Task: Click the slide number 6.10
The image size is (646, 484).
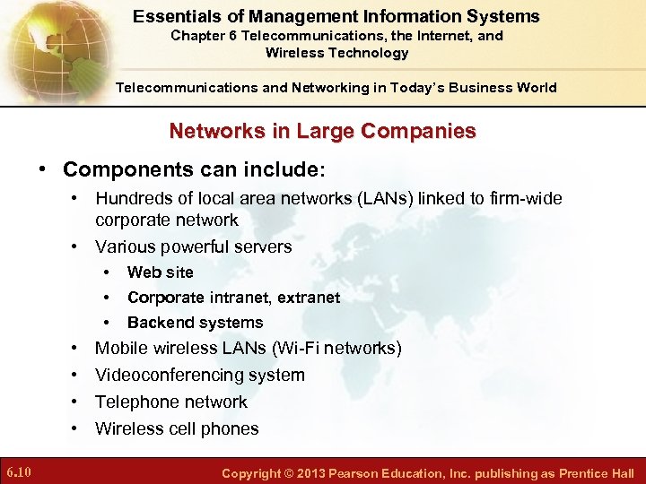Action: click(19, 471)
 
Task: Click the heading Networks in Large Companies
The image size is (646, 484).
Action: click(322, 131)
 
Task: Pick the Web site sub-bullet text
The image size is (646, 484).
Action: click(161, 272)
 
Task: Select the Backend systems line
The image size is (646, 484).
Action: click(195, 323)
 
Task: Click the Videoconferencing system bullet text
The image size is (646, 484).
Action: click(199, 375)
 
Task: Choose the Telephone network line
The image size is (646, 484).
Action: click(170, 402)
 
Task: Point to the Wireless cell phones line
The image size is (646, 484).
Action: click(177, 428)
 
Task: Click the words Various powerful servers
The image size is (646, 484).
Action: click(193, 246)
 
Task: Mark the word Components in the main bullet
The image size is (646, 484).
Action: click(120, 169)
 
